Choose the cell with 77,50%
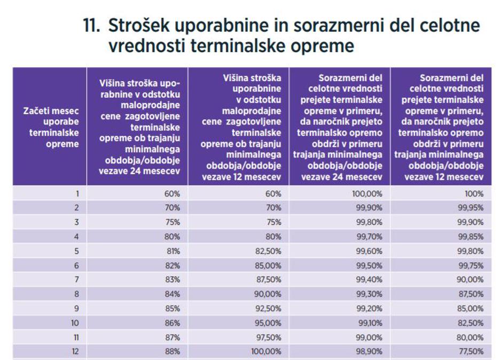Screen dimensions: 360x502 pyautogui.click(x=470, y=351)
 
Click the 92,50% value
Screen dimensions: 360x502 pyautogui.click(x=268, y=308)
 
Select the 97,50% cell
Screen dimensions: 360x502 pyautogui.click(x=268, y=336)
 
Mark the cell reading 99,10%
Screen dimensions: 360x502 pyautogui.click(x=370, y=322)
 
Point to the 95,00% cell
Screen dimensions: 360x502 pyautogui.click(x=268, y=322)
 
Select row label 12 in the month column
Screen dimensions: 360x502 pyautogui.click(x=75, y=351)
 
